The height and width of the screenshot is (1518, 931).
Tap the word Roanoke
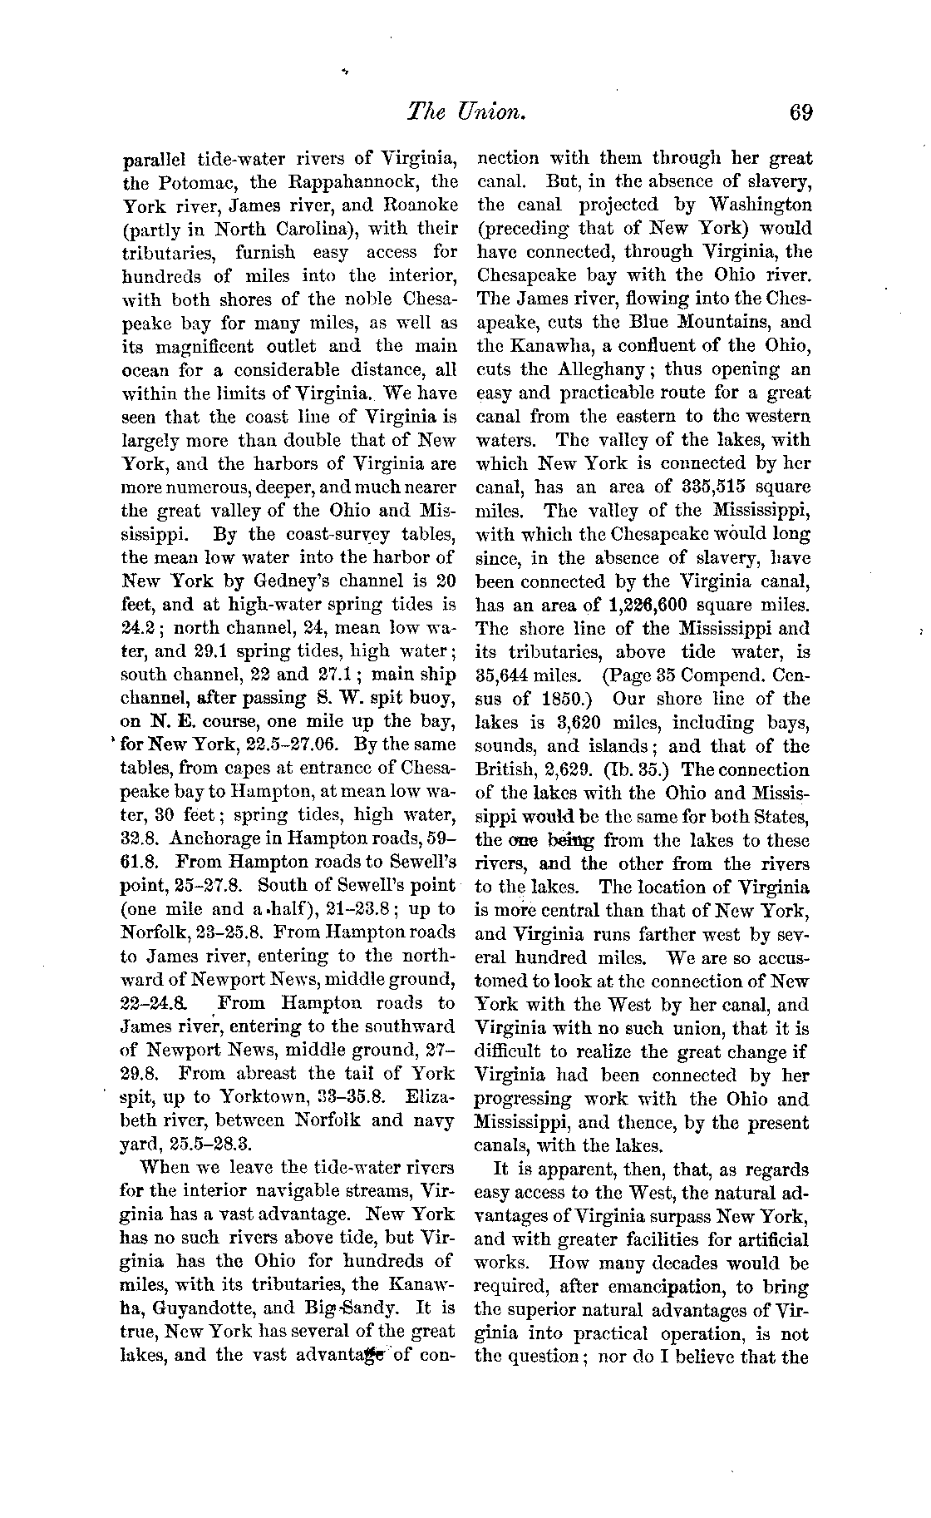click(416, 205)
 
